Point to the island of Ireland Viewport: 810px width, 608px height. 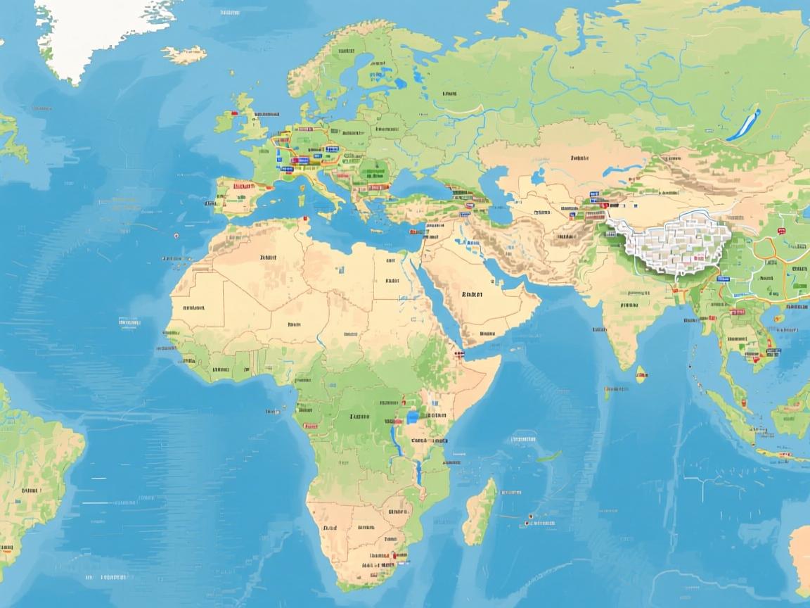[225, 122]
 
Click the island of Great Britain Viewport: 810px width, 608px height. [251, 127]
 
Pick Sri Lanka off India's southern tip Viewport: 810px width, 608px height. [641, 374]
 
